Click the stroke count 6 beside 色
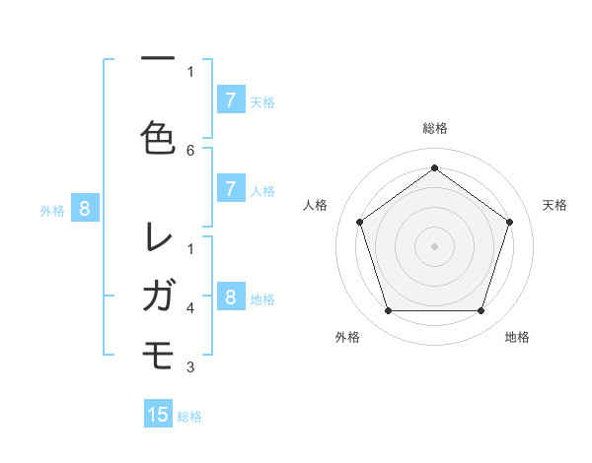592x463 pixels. (190, 150)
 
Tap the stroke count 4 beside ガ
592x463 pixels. (190, 307)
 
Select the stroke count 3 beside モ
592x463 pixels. (190, 367)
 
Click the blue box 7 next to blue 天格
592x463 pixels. (230, 99)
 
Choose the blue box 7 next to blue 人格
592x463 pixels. (230, 188)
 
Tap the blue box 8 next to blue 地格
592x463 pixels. (230, 297)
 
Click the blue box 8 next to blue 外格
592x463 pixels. (85, 208)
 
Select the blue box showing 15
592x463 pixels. (158, 415)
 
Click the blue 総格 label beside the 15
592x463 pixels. (189, 417)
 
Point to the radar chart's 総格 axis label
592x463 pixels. (434, 128)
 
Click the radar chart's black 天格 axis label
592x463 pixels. (555, 205)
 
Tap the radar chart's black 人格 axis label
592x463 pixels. (315, 205)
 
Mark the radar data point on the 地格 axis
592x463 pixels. (481, 311)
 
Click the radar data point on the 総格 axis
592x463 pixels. (434, 167)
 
